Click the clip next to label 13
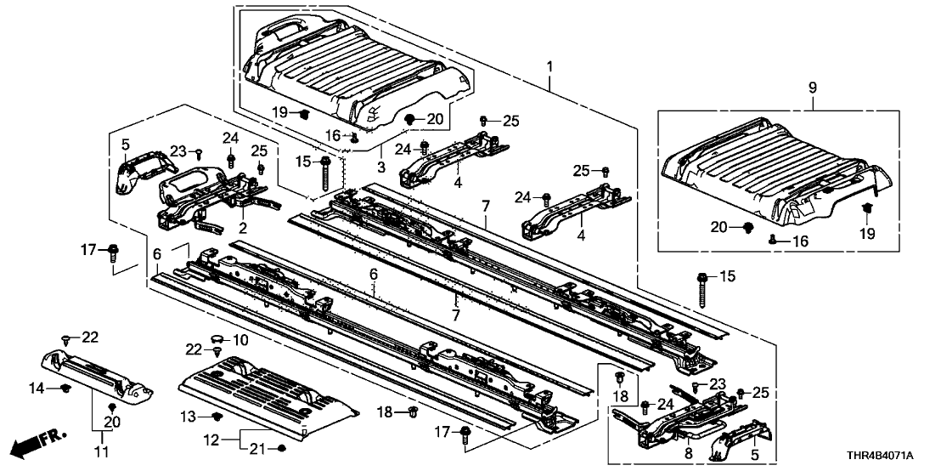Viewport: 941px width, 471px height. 217,417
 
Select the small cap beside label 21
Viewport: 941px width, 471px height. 282,447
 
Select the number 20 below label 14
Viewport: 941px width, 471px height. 110,422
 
